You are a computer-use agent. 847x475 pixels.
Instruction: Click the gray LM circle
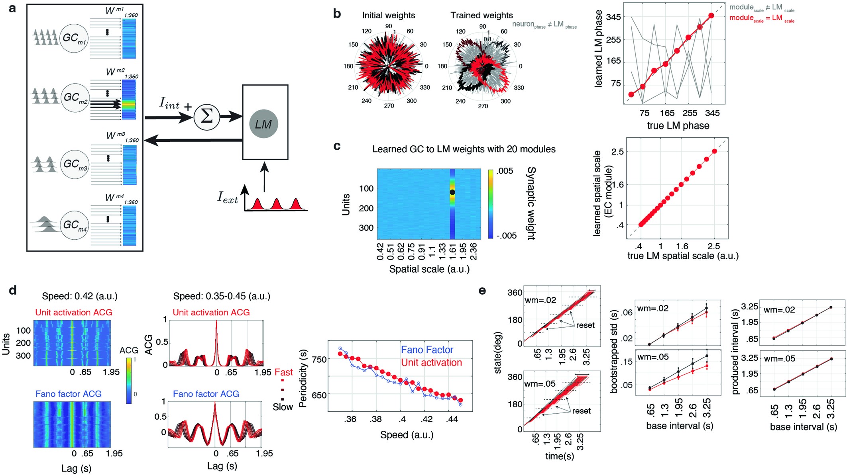pyautogui.click(x=263, y=124)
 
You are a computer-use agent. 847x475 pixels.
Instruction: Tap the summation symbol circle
pyautogui.click(x=207, y=117)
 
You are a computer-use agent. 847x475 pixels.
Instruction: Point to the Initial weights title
pyautogui.click(x=388, y=16)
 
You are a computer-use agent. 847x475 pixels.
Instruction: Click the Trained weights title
pyautogui.click(x=481, y=16)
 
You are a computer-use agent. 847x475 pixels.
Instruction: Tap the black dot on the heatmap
pyautogui.click(x=452, y=192)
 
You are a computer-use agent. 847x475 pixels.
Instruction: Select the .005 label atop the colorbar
pyautogui.click(x=505, y=171)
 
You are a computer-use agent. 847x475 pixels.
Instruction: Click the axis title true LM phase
pyautogui.click(x=678, y=126)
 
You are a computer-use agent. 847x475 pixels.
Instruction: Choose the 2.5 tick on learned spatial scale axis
pyautogui.click(x=617, y=151)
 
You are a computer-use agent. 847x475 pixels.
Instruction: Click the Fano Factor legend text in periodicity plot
pyautogui.click(x=427, y=350)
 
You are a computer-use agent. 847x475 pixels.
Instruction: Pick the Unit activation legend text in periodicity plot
pyautogui.click(x=431, y=363)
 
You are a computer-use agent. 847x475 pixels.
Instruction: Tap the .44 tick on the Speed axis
pyautogui.click(x=452, y=419)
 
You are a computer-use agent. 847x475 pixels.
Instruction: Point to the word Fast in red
pyautogui.click(x=283, y=373)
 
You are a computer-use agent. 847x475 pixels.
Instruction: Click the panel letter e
pyautogui.click(x=482, y=291)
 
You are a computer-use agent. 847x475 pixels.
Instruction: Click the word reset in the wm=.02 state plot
pyautogui.click(x=585, y=325)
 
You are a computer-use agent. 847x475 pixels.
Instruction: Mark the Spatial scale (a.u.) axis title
pyautogui.click(x=429, y=269)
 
